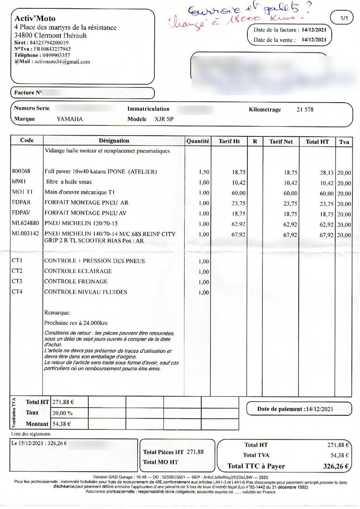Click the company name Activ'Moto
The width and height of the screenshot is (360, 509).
[35, 19]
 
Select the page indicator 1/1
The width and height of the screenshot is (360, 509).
[344, 18]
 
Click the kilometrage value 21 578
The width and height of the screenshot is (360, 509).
[305, 110]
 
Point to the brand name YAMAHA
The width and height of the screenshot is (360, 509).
[70, 119]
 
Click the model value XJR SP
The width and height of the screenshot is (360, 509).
[164, 119]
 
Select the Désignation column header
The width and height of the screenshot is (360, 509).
[114, 141]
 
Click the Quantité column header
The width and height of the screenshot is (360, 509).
[198, 141]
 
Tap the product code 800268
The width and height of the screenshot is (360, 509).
[21, 171]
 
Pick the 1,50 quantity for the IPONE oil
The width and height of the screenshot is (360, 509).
[204, 172]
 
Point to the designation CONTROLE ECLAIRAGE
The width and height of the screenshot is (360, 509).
[78, 271]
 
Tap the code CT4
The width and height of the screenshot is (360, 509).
[17, 292]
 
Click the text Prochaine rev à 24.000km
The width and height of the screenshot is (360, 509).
[76, 322]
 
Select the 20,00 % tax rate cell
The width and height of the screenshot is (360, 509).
[62, 413]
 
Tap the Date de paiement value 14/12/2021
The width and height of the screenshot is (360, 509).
[318, 409]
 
